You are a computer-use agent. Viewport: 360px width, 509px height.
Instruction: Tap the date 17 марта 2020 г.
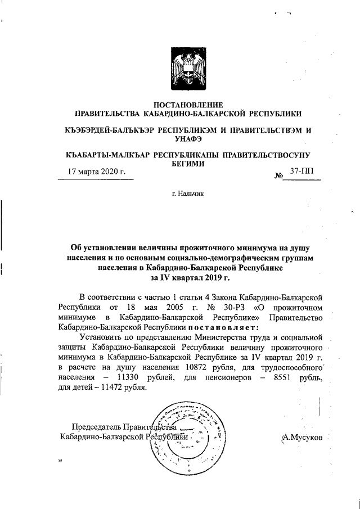pos(96,172)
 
